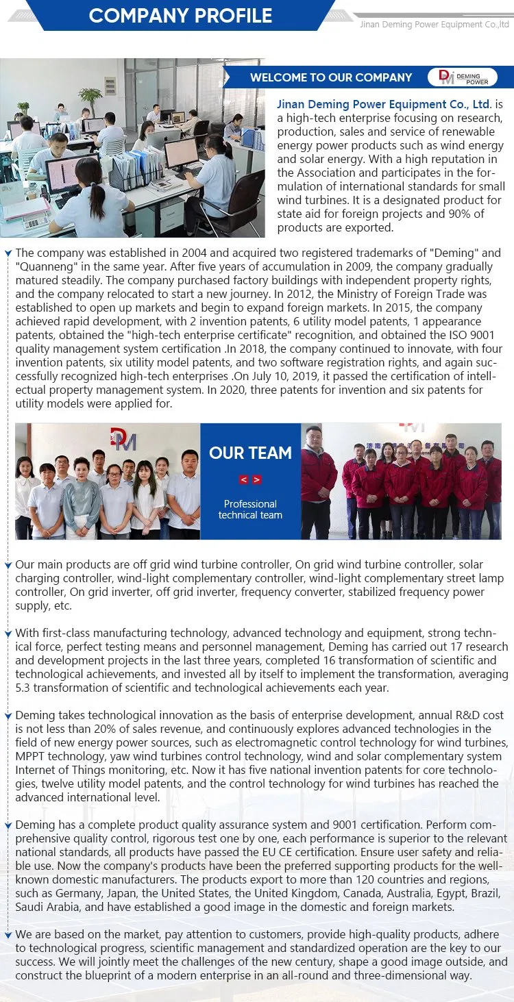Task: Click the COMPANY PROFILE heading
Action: tap(180, 16)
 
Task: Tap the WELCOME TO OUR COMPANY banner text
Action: tap(331, 77)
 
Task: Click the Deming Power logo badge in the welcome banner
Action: tap(463, 77)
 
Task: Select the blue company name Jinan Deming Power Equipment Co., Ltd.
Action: tap(384, 105)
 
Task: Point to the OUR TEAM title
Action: tap(250, 453)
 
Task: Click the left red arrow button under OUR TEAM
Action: tap(243, 479)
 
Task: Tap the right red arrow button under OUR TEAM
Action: tap(257, 479)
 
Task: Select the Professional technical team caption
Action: tap(250, 510)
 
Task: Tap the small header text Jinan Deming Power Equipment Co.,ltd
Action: tap(435, 25)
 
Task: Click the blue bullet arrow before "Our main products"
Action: tap(8, 565)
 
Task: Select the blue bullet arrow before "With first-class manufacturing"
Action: tap(8, 634)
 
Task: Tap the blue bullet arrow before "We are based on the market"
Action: tap(8, 935)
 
